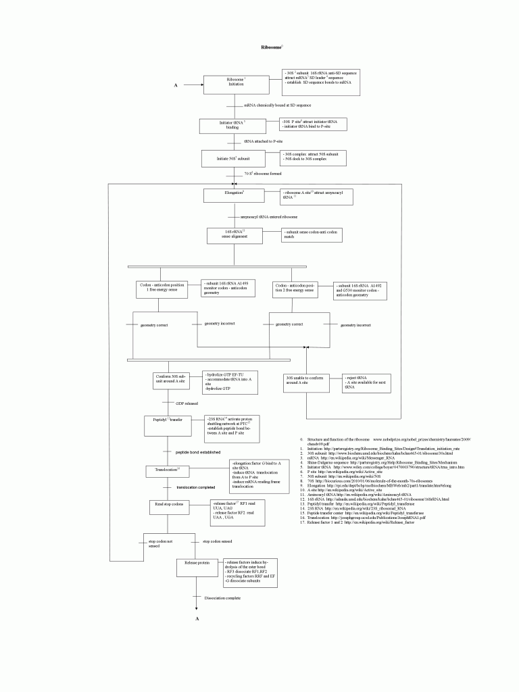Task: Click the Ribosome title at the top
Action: coord(272,47)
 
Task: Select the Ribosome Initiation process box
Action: coord(236,82)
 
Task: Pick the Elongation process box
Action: coord(232,195)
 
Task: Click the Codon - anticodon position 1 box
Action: coord(162,289)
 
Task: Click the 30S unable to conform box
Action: coord(305,382)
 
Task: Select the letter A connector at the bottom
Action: coord(197,619)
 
